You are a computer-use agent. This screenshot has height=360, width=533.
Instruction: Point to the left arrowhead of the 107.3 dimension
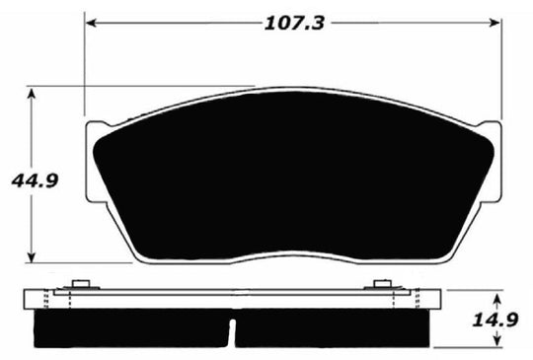pos(91,21)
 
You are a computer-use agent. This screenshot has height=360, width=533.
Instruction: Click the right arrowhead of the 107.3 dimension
pos(497,21)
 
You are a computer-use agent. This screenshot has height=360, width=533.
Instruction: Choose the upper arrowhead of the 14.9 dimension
pos(497,298)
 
